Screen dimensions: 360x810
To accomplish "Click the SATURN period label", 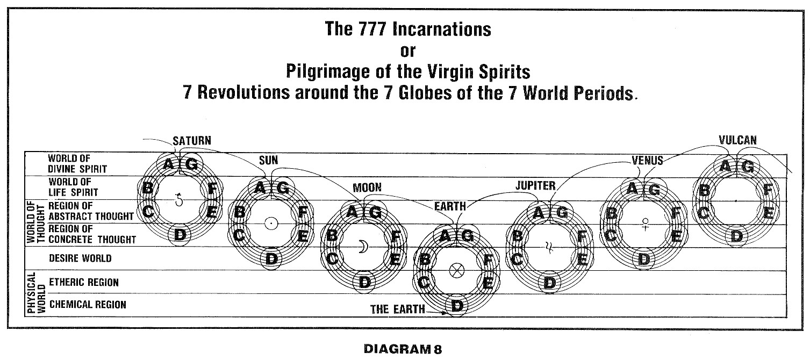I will click(192, 141).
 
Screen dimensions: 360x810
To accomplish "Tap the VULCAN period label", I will click(737, 140).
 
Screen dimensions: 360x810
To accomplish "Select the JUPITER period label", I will click(535, 186).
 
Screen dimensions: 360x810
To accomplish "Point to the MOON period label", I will click(367, 188).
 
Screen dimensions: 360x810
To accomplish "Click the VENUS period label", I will click(647, 160).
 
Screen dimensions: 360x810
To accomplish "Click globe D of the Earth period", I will click(457, 306).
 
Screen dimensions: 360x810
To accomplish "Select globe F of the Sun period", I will click(303, 212).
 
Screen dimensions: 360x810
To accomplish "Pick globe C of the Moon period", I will click(333, 258).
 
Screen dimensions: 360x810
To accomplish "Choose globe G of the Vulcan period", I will click(747, 167).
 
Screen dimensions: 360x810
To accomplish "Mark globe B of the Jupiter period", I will click(518, 235).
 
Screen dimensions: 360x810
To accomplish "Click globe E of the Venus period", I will click(677, 235).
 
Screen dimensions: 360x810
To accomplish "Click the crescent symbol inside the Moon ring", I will click(364, 247).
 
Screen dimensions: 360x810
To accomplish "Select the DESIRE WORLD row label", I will click(80, 258).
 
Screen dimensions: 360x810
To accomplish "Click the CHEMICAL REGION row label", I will click(88, 305).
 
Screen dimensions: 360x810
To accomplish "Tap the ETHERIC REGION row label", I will click(83, 282).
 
